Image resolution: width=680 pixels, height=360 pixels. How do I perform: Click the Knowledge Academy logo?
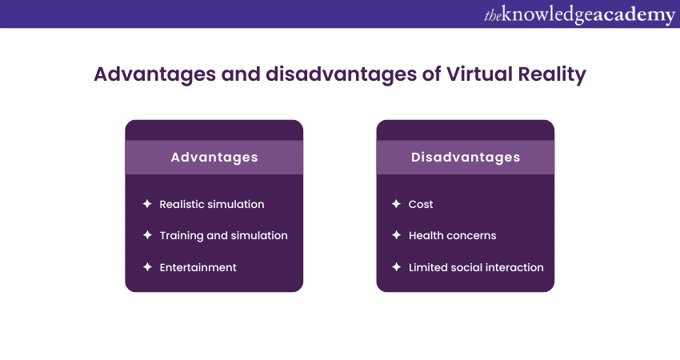579,14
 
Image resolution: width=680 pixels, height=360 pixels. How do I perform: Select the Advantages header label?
214,158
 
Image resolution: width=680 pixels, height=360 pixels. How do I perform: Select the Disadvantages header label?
466,158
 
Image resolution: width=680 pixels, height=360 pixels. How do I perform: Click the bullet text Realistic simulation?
212,204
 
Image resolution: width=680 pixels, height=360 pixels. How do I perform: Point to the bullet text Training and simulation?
223,235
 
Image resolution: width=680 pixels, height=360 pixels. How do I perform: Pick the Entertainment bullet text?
198,267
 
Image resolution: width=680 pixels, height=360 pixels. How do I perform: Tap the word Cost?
421,204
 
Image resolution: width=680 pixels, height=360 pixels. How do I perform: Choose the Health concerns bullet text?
452,235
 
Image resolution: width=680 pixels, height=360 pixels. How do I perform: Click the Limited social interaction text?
476,267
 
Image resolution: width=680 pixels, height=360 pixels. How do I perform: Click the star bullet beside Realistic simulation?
146,204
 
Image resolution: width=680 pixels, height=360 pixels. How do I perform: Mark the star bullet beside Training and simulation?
146,235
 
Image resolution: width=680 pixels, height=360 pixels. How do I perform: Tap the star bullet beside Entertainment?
146,267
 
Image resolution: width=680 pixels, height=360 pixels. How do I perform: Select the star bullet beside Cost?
396,204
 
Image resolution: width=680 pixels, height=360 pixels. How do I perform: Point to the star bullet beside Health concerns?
396,235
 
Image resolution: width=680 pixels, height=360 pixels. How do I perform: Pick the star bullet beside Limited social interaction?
396,267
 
